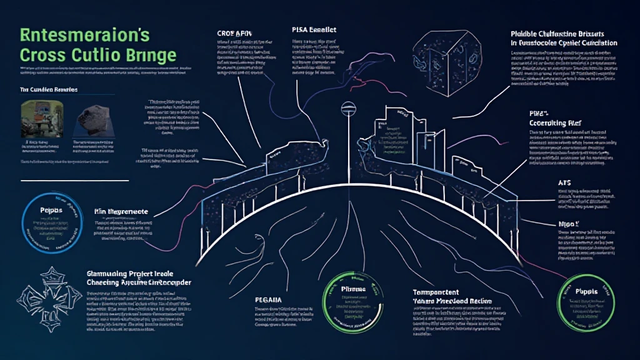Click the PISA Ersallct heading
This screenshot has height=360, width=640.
click(x=314, y=29)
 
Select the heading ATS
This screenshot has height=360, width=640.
click(x=563, y=182)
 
